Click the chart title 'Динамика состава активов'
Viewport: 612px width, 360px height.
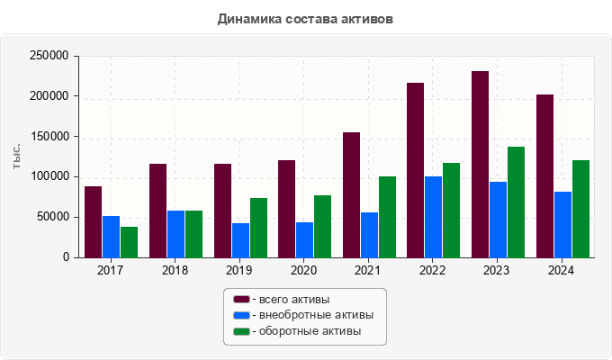click(x=305, y=18)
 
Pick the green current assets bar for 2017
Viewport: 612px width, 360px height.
click(x=130, y=241)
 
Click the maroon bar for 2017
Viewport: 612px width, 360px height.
click(x=94, y=221)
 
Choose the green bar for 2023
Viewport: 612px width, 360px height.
click(x=516, y=202)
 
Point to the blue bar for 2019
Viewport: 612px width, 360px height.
click(x=240, y=239)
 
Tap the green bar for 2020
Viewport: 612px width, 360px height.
click(x=323, y=226)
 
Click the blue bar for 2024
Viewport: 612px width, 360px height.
click(x=562, y=224)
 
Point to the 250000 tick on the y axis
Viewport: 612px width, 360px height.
click(x=49, y=56)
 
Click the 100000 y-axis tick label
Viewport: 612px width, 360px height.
click(x=49, y=176)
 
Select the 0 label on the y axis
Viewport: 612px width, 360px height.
click(x=66, y=257)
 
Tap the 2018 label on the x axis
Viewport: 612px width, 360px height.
click(x=175, y=271)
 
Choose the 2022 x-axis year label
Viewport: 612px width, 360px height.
click(x=433, y=271)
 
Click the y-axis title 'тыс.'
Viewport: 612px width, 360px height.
click(x=17, y=155)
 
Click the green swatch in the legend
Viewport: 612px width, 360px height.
click(x=241, y=332)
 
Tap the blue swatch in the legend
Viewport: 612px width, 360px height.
click(x=241, y=316)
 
